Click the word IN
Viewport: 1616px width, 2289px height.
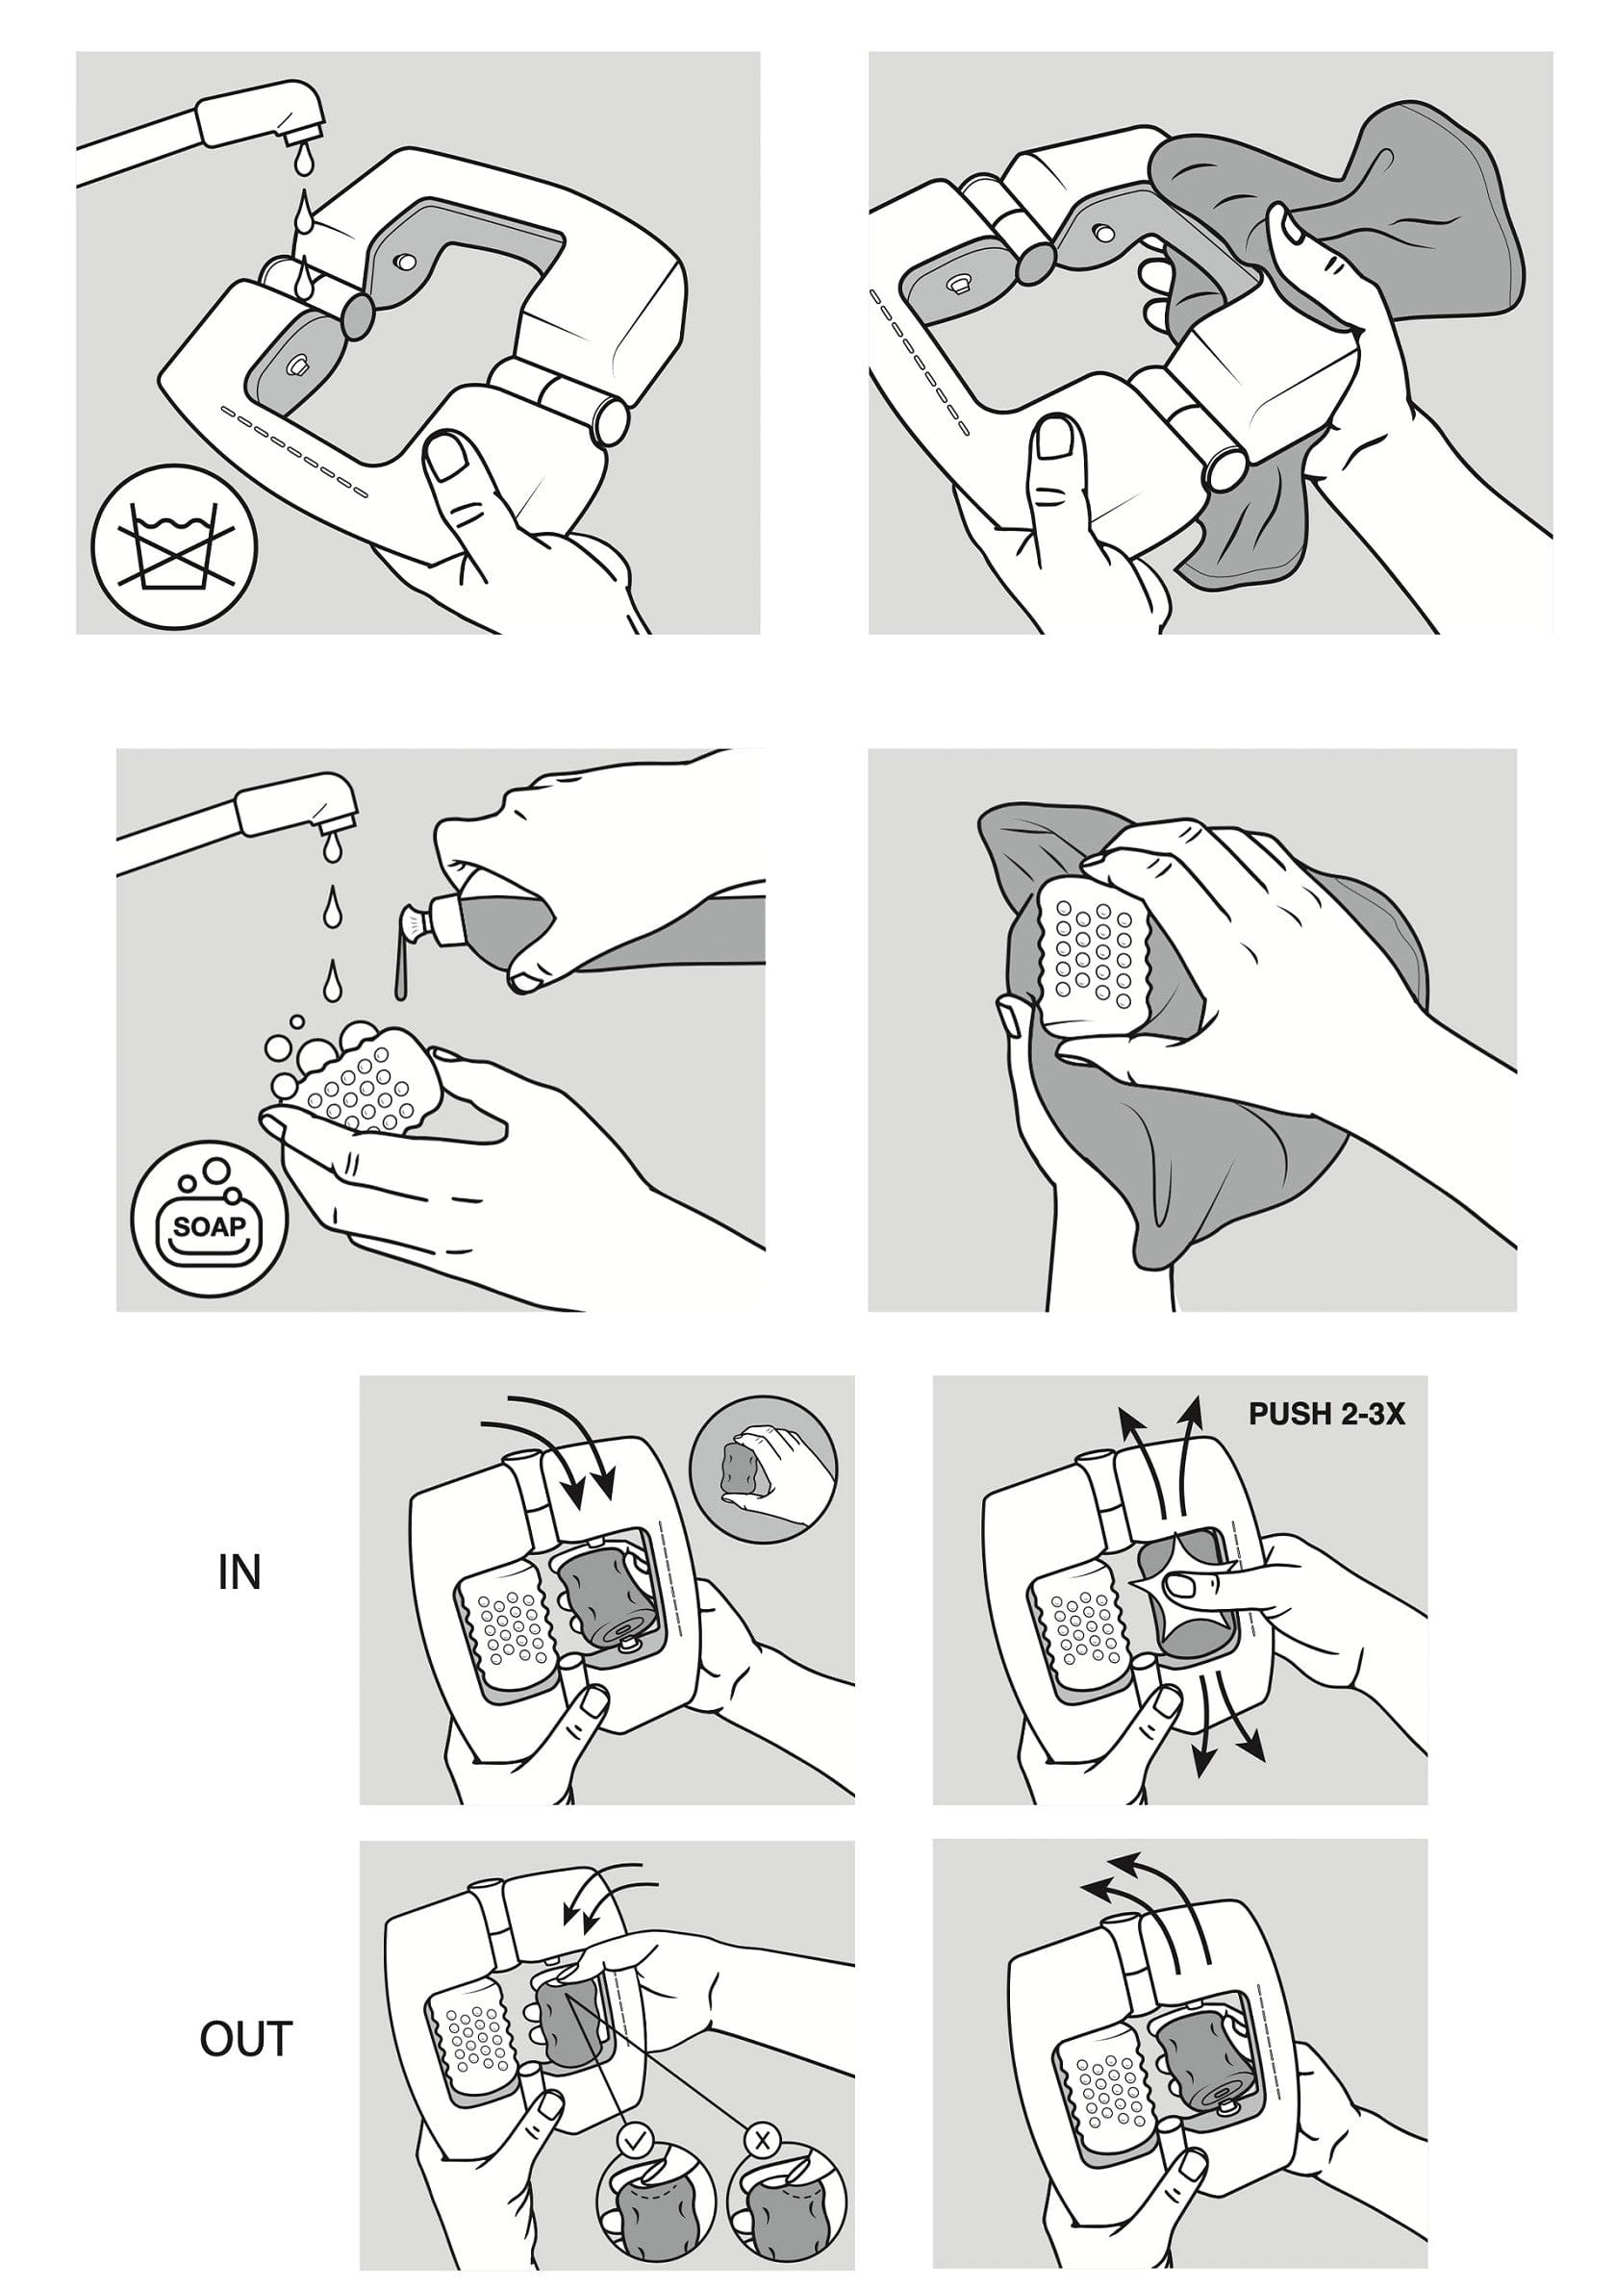tap(240, 1572)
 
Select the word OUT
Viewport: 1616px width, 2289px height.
tap(245, 2038)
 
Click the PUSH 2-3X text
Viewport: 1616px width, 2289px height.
tap(1326, 1414)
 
